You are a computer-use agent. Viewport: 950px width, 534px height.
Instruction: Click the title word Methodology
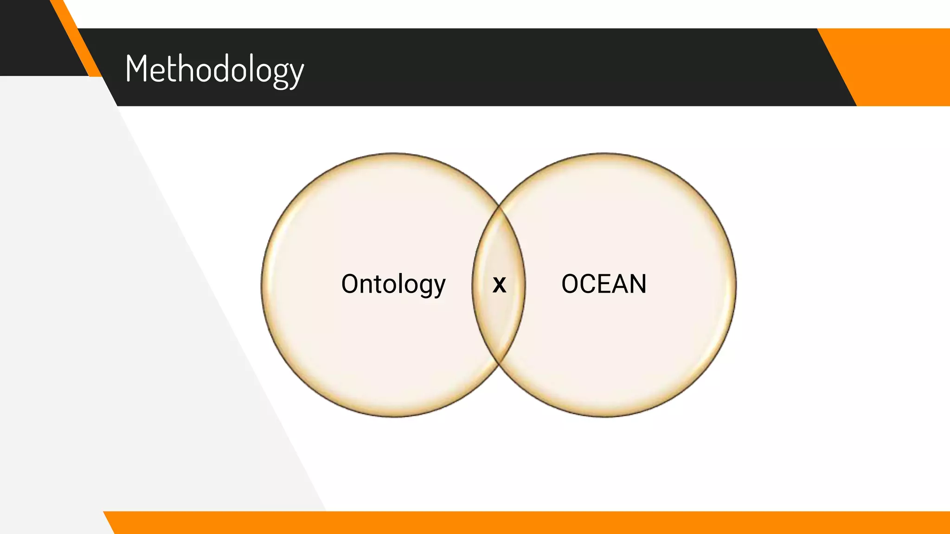pos(214,69)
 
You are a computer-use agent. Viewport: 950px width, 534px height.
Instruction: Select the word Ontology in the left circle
pos(393,284)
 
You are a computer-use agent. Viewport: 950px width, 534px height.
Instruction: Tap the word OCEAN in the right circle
pos(603,284)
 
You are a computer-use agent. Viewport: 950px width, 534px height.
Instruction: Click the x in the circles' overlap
pos(499,285)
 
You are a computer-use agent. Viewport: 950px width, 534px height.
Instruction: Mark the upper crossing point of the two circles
pos(499,205)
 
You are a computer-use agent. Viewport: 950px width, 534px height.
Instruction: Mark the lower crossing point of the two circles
pos(499,364)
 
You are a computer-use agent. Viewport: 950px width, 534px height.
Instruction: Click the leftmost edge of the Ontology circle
pos(262,285)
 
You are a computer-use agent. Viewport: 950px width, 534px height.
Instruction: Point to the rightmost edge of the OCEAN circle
pos(736,285)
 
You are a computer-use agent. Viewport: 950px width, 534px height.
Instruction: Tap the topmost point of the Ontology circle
pos(393,153)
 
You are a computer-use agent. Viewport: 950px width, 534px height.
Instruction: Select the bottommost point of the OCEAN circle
pos(604,417)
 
